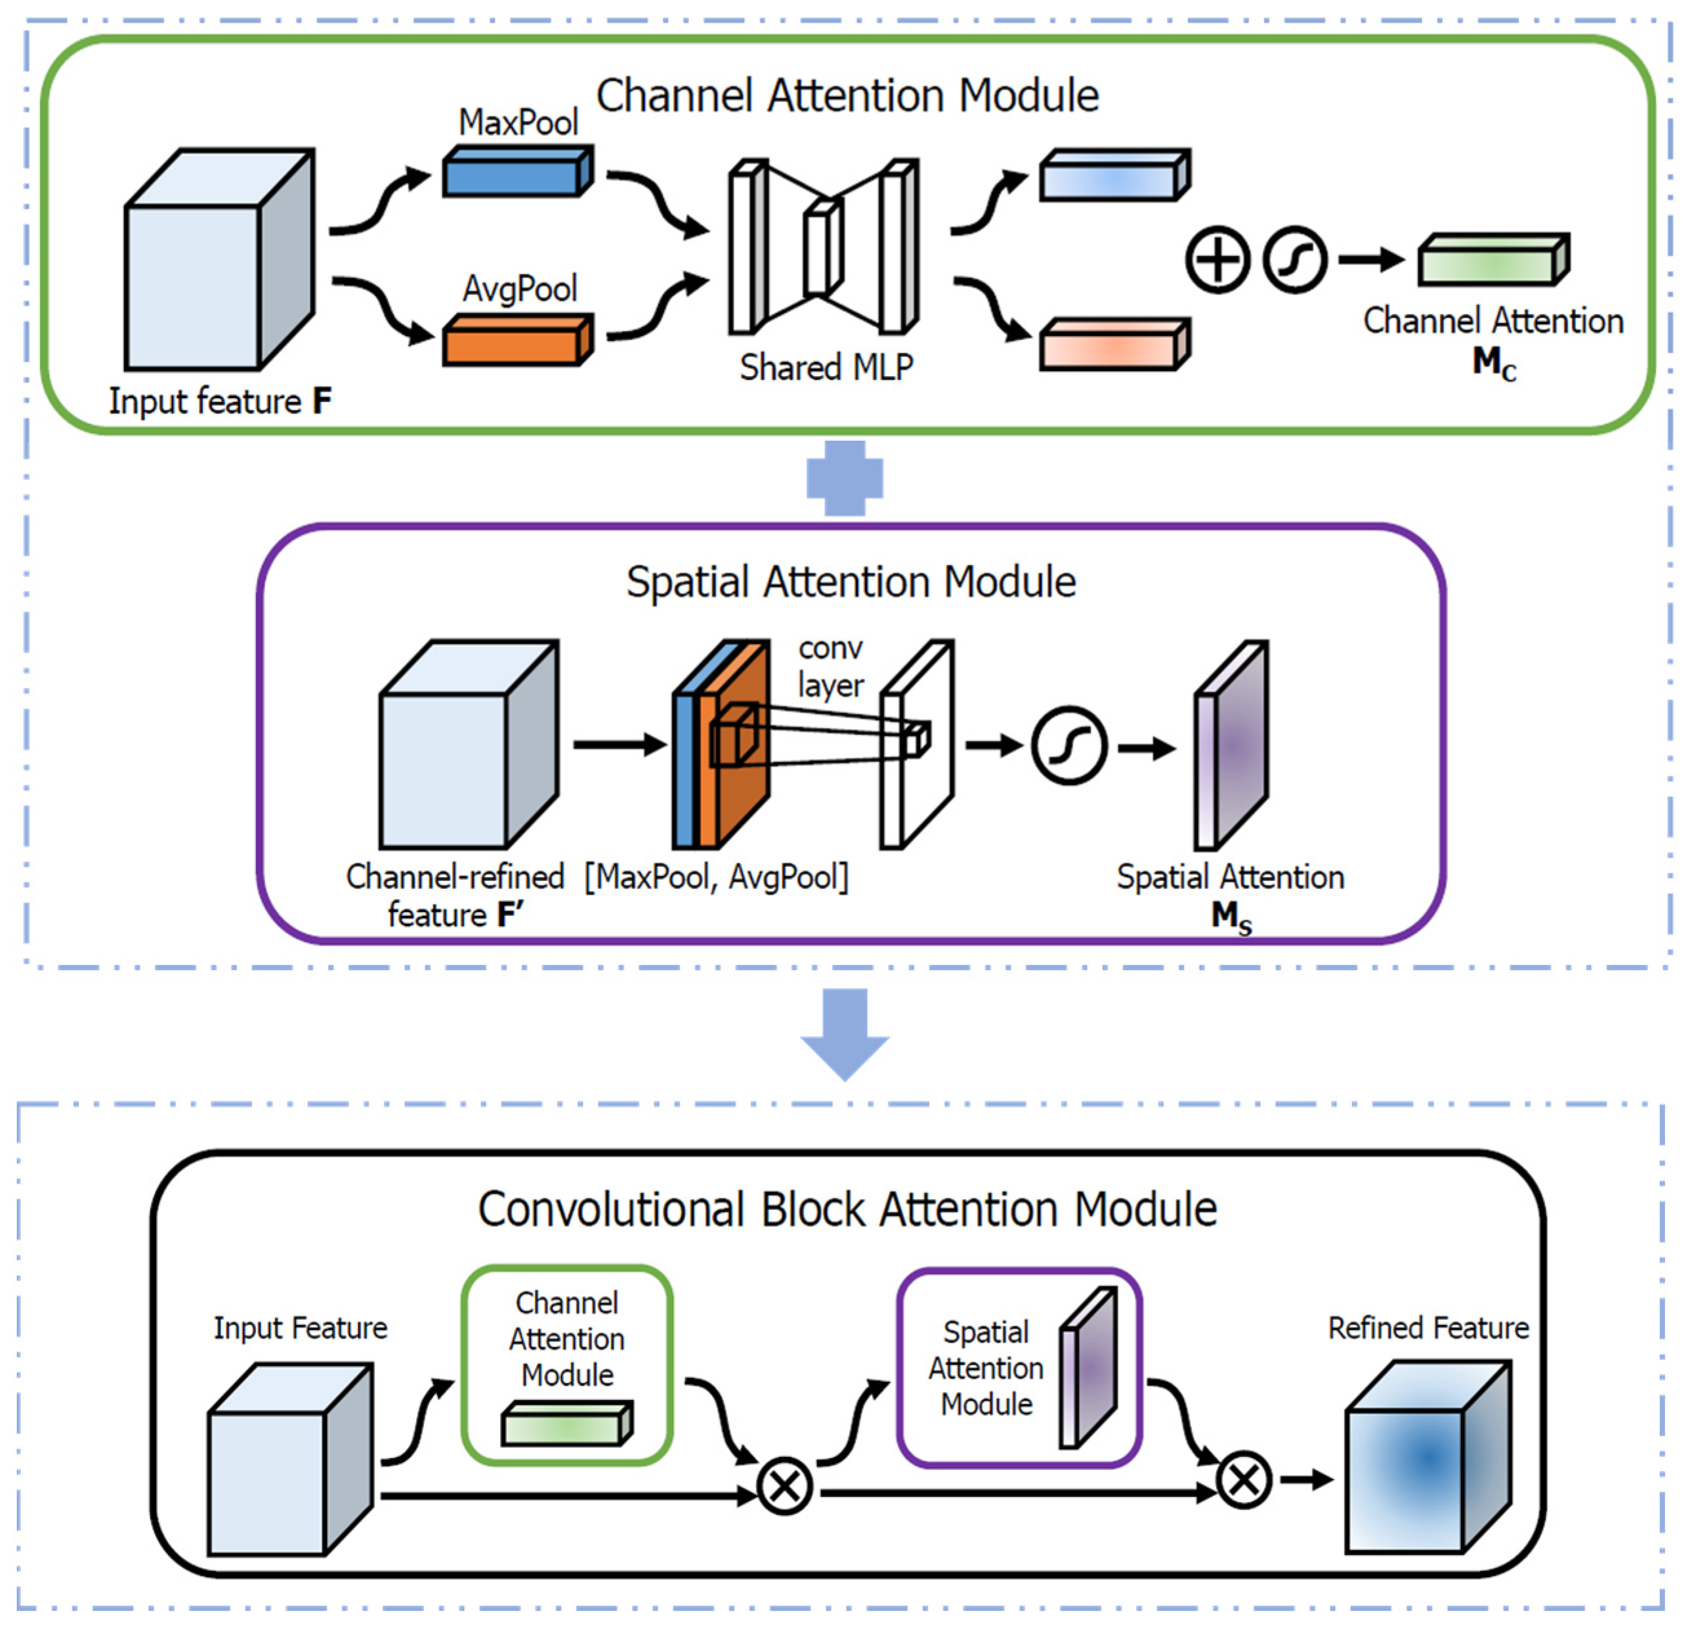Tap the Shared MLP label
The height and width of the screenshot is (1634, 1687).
[x=826, y=368]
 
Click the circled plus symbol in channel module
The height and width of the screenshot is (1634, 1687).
[x=1217, y=259]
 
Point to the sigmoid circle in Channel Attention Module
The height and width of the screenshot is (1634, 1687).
[x=1295, y=259]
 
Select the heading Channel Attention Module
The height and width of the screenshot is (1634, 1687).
[x=847, y=96]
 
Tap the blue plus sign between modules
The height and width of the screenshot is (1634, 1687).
[x=844, y=479]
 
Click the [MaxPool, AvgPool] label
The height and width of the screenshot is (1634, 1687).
[x=716, y=877]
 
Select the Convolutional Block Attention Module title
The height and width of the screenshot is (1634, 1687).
[x=847, y=1209]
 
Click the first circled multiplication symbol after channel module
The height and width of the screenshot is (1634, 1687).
[x=784, y=1486]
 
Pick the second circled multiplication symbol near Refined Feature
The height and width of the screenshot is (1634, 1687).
[x=1243, y=1481]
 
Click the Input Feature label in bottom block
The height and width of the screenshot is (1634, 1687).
[x=300, y=1328]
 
